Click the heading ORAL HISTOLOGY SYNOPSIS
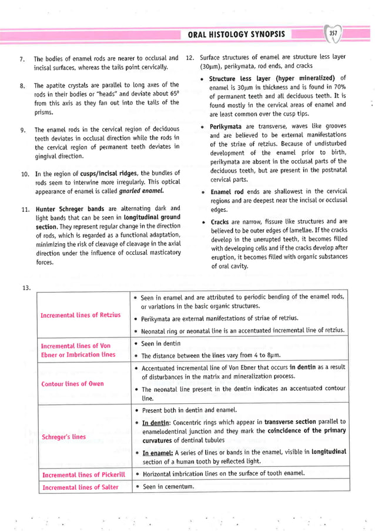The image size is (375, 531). point(236,34)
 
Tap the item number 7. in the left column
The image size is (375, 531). point(22,59)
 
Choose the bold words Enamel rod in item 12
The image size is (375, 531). point(229,192)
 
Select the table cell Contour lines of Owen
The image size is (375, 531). point(72,384)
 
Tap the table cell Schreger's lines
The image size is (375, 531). point(63,437)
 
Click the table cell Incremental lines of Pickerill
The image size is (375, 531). point(83,474)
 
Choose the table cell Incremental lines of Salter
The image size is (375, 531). point(79,487)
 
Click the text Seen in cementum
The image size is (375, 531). point(168,487)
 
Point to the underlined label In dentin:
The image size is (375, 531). point(155,422)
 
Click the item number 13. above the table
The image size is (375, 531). point(25,287)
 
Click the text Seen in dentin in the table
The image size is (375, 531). point(162,344)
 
